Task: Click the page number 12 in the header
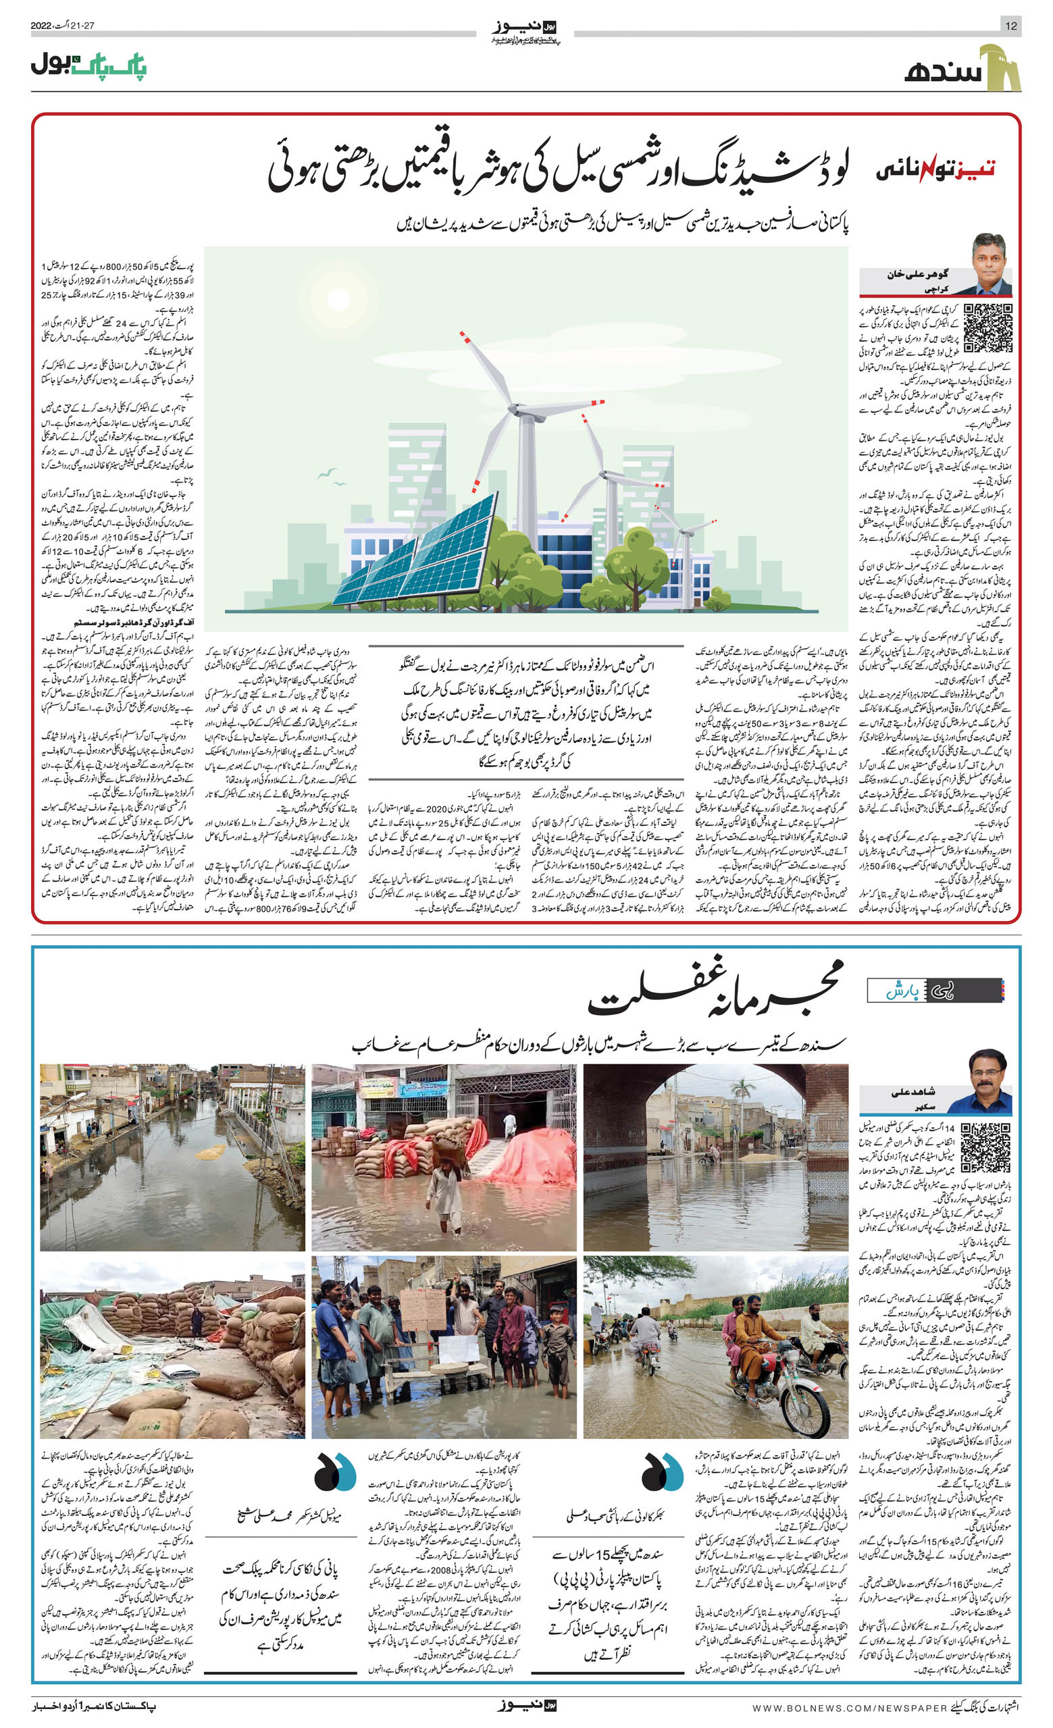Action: tap(1010, 26)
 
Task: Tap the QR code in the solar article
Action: tap(987, 328)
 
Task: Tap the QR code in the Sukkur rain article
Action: tap(985, 1147)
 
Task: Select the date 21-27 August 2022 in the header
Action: tap(62, 26)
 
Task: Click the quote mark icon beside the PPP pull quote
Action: tap(661, 1473)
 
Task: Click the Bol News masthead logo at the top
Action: tap(525, 31)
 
